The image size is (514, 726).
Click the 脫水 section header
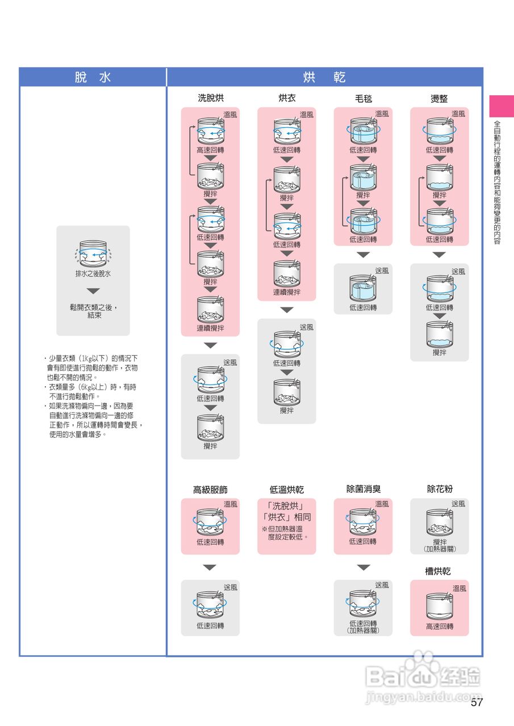[x=93, y=78]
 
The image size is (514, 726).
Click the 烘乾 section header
[x=324, y=78]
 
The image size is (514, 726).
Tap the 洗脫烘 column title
[x=210, y=98]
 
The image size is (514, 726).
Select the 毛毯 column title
[x=363, y=98]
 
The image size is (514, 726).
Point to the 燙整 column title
[x=440, y=98]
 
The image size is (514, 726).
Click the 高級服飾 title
[x=210, y=489]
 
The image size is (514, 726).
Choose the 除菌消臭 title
[x=363, y=489]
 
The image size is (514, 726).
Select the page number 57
[x=477, y=703]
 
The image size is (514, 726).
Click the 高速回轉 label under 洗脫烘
[x=210, y=150]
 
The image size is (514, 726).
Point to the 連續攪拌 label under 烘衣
[x=287, y=292]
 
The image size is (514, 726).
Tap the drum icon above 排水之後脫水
[x=93, y=254]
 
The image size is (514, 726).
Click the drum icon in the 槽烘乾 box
[x=440, y=606]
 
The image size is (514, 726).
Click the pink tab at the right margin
[x=502, y=106]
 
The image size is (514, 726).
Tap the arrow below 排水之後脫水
[x=93, y=291]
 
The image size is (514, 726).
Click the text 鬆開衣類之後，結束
[x=94, y=311]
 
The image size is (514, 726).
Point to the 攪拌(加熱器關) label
[x=440, y=546]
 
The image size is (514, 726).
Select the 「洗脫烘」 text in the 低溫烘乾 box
[x=286, y=506]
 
